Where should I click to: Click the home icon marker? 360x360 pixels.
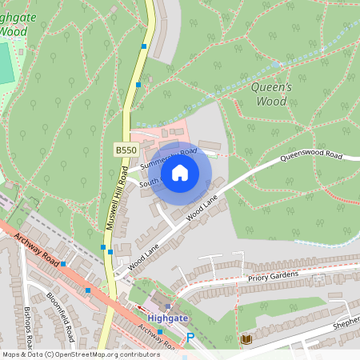pyautogui.click(x=180, y=173)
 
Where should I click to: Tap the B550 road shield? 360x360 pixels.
pyautogui.click(x=126, y=150)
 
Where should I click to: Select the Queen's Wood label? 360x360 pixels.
pyautogui.click(x=271, y=94)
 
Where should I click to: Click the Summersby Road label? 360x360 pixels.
pyautogui.click(x=167, y=158)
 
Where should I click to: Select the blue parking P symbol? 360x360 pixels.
pyautogui.click(x=190, y=338)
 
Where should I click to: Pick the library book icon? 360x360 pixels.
pyautogui.click(x=246, y=340)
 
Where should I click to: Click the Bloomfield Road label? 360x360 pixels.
pyautogui.click(x=60, y=315)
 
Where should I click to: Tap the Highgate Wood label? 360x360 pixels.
pyautogui.click(x=14, y=25)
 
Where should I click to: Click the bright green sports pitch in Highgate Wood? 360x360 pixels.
pyautogui.click(x=6, y=64)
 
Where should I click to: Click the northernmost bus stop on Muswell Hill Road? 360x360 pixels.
pyautogui.click(x=144, y=46)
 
